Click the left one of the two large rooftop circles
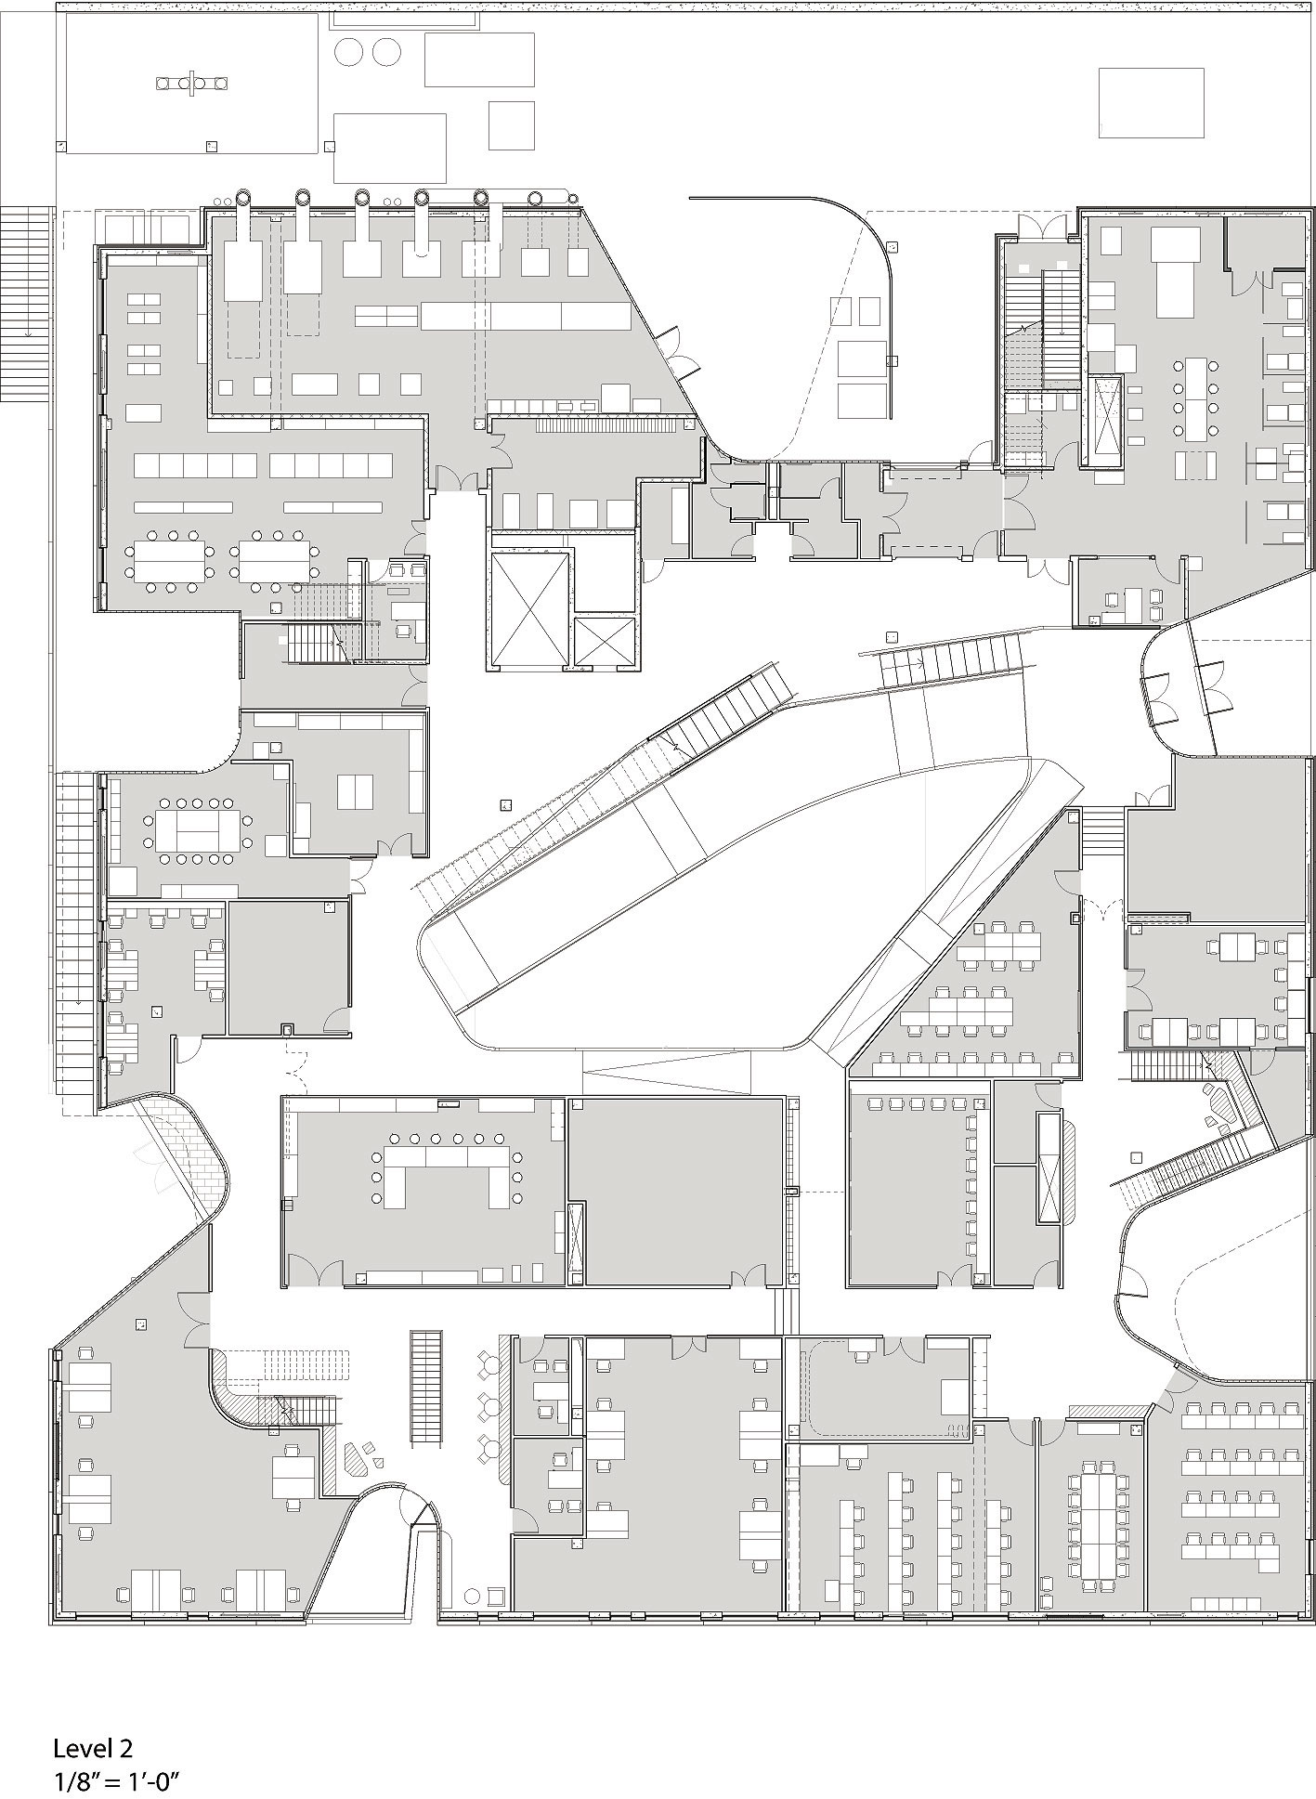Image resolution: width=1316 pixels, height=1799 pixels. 349,52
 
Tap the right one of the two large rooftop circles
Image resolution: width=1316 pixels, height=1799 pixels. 386,52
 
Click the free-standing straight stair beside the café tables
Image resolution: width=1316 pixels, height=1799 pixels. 426,1388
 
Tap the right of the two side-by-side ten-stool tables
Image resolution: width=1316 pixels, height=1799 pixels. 275,561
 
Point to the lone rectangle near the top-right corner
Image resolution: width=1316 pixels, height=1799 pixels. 1152,102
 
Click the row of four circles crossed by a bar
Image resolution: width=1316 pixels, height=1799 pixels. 193,85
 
